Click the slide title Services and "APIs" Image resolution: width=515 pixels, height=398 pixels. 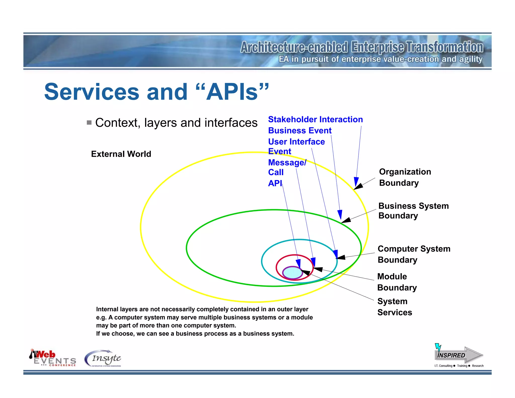pos(156,92)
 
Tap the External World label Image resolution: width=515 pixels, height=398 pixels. pos(121,154)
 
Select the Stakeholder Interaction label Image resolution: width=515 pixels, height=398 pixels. pos(315,119)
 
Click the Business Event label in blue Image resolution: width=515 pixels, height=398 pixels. pos(300,131)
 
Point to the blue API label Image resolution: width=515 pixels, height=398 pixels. pos(275,183)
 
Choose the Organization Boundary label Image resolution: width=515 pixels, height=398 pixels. pos(405,177)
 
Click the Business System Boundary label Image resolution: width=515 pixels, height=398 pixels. pos(413,211)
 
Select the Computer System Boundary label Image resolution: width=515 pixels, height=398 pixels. pos(414,254)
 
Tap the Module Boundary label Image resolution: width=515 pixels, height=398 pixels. pos(397,282)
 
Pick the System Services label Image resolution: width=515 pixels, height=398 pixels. pos(395,307)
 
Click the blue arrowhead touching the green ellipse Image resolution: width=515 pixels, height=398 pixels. pos(340,214)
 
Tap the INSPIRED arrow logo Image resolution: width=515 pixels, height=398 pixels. pos(459,355)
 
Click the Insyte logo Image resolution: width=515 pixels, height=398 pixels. pos(103,358)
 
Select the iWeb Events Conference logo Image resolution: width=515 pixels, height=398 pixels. pos(53,358)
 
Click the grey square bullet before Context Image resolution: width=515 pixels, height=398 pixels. pos(89,123)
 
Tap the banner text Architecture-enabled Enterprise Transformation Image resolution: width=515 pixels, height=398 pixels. pos(362,47)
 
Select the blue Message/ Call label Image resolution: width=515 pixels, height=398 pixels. pos(287,167)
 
